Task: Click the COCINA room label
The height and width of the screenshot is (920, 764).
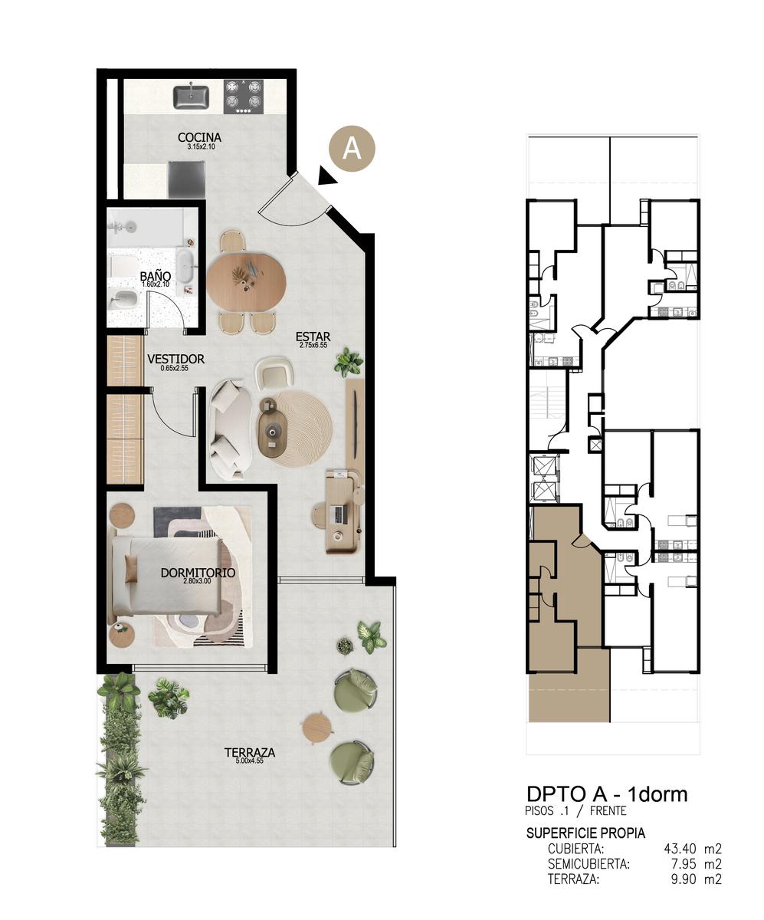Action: (199, 137)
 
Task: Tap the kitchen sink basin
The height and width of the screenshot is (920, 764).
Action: (191, 97)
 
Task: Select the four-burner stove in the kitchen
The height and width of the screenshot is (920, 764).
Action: (244, 97)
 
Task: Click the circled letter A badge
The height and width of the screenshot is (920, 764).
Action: (352, 149)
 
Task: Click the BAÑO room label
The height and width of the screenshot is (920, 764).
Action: (156, 276)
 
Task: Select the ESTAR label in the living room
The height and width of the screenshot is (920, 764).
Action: (313, 337)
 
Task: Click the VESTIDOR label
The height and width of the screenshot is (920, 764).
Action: (175, 359)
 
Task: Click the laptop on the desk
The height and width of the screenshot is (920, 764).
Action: (338, 514)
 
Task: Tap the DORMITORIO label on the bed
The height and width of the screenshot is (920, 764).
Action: (198, 573)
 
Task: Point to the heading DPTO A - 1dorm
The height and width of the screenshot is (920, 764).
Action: (607, 794)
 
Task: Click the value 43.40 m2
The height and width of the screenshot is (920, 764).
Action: (693, 848)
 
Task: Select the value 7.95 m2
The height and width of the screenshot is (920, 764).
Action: (695, 864)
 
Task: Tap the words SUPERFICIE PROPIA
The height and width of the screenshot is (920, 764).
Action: (585, 833)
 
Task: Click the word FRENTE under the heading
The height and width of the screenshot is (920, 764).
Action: (608, 810)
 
